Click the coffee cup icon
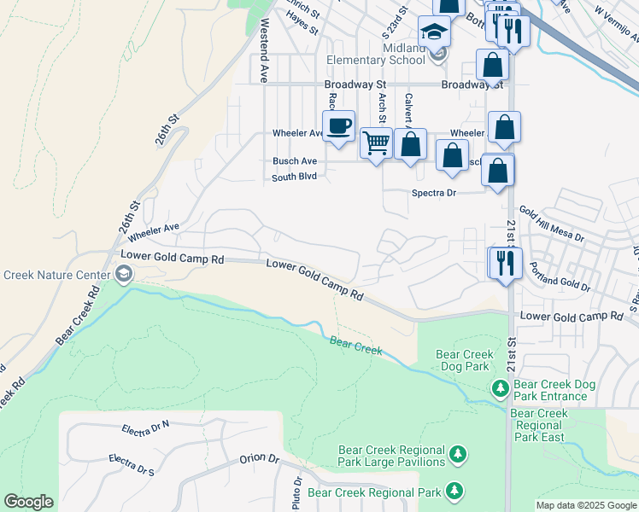(x=338, y=125)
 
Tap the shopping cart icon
(x=376, y=143)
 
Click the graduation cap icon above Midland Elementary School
(x=434, y=33)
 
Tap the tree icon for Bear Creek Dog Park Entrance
(x=500, y=389)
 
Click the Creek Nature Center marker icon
(x=124, y=274)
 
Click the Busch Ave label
(x=295, y=160)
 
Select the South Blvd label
(x=294, y=177)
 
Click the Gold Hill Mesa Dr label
(x=551, y=224)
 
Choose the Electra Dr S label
(x=132, y=465)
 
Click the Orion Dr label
(x=260, y=458)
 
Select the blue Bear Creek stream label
(x=356, y=346)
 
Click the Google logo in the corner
(x=28, y=502)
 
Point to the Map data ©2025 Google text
(x=586, y=505)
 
